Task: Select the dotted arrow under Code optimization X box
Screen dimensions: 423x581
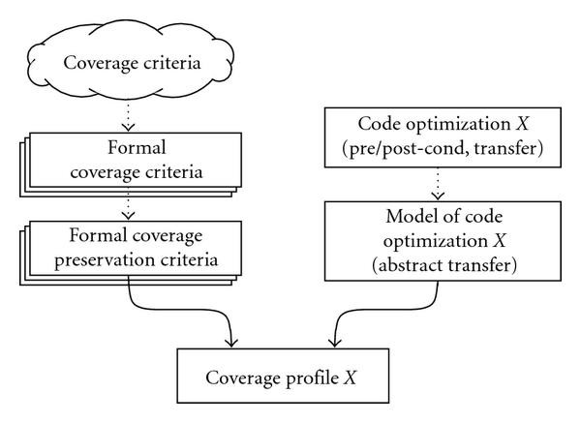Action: click(423, 181)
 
